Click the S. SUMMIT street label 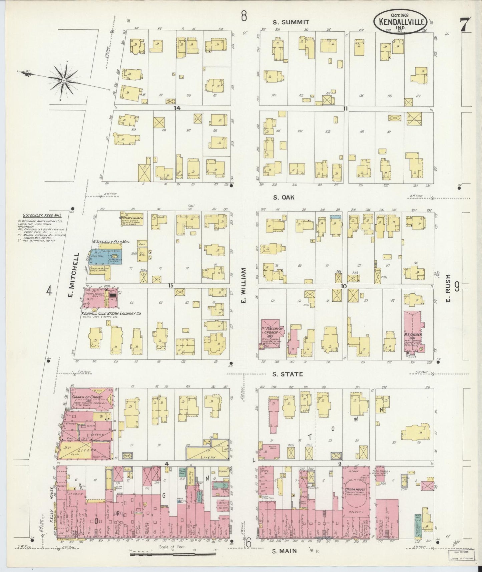[x=291, y=22]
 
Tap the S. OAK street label [x=284, y=197]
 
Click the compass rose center [x=63, y=80]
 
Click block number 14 [x=177, y=108]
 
